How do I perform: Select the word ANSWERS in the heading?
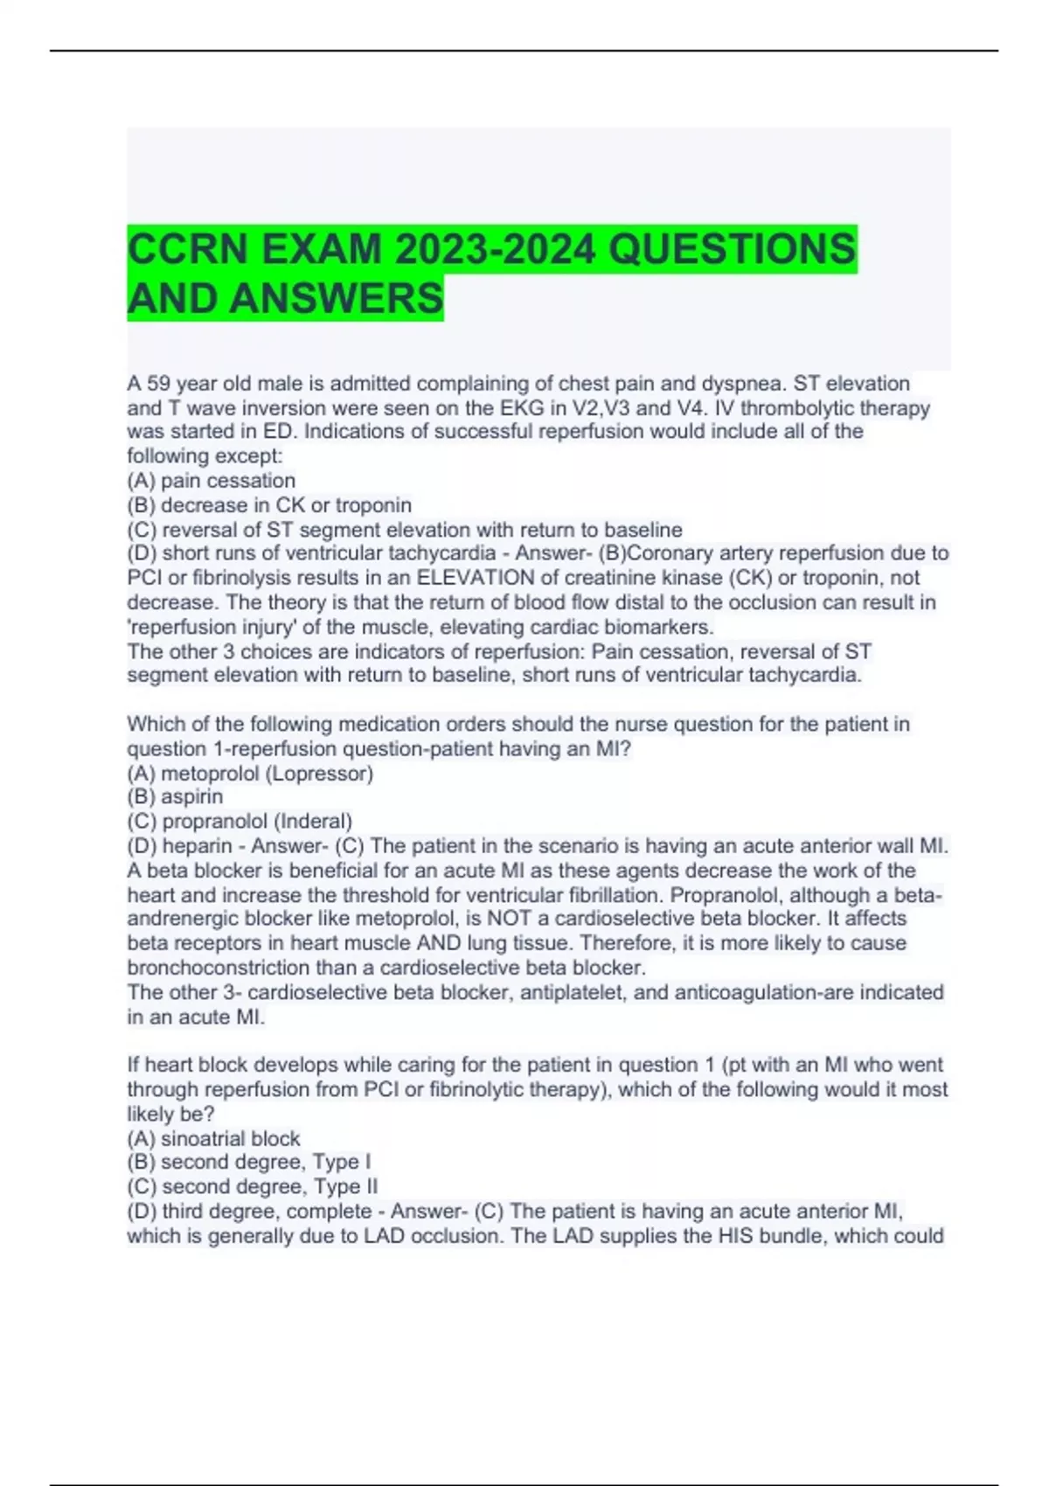[x=337, y=299]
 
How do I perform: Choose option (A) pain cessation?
[x=212, y=481]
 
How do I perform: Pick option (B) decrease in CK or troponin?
[x=269, y=505]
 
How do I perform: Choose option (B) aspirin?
[x=175, y=797]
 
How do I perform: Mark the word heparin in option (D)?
[x=198, y=846]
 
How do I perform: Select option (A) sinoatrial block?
[x=213, y=1139]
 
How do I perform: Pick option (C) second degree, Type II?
[x=253, y=1187]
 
